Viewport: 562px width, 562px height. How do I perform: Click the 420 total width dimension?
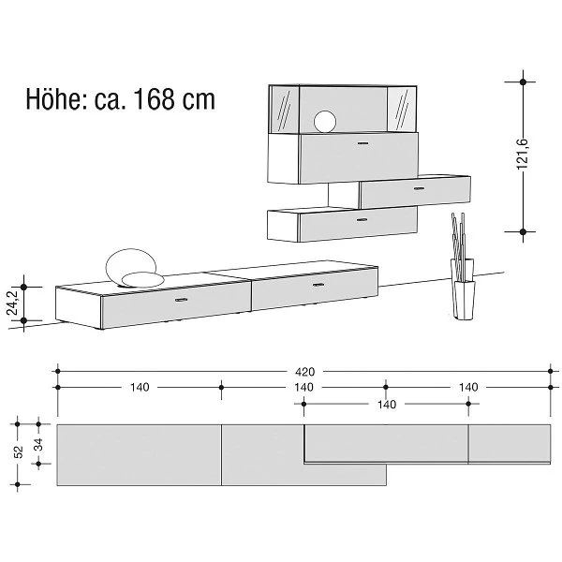[x=305, y=372]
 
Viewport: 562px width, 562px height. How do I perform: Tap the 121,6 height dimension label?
[x=523, y=154]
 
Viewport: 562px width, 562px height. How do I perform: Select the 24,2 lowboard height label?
[x=13, y=303]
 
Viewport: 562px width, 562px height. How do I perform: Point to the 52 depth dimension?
[x=19, y=451]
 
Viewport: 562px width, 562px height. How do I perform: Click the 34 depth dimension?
[x=38, y=444]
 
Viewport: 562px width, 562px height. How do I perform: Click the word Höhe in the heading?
[x=56, y=98]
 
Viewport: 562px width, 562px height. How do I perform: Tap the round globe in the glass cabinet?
[x=325, y=122]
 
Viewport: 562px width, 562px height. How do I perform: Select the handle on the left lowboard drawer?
[x=182, y=300]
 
